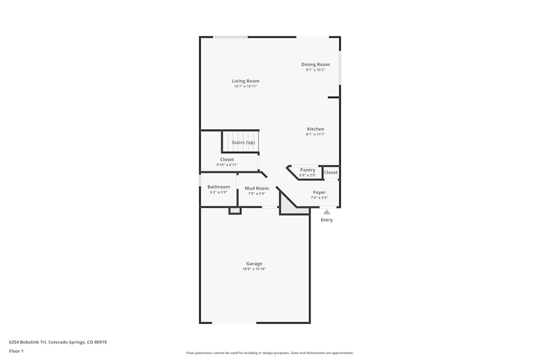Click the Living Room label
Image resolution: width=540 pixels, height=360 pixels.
click(x=246, y=81)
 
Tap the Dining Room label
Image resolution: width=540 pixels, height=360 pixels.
click(x=315, y=64)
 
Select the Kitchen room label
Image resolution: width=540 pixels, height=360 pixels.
click(x=315, y=129)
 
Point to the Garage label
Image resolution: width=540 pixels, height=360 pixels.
click(x=254, y=263)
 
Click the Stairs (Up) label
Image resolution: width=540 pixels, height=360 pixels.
click(x=243, y=142)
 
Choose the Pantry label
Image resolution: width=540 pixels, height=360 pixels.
click(x=307, y=170)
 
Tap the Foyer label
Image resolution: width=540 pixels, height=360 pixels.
click(x=319, y=192)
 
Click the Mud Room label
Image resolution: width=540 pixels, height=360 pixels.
click(x=256, y=188)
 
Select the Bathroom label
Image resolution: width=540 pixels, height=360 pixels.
click(x=219, y=187)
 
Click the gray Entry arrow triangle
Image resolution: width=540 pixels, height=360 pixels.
click(x=327, y=212)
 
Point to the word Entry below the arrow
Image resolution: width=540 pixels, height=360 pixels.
click(x=327, y=220)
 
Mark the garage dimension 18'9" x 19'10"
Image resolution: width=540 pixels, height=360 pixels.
click(x=254, y=269)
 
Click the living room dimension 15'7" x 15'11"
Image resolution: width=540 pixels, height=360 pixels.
click(x=246, y=86)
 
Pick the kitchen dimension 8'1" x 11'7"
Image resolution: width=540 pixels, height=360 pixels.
click(x=315, y=134)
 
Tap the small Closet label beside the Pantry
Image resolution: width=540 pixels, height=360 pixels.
click(x=330, y=173)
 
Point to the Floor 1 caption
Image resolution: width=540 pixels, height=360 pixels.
click(x=16, y=351)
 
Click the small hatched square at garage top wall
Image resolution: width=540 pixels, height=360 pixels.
click(x=234, y=210)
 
